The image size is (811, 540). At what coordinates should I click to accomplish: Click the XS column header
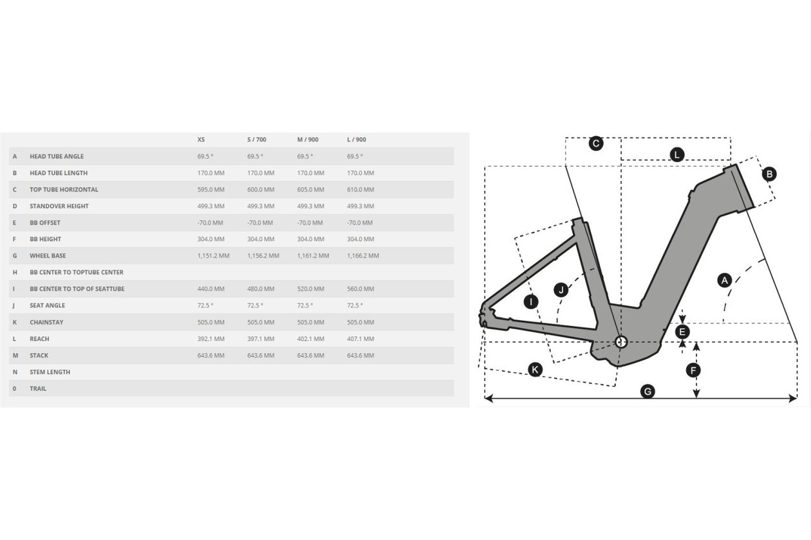click(x=201, y=139)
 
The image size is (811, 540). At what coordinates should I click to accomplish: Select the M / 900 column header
click(x=308, y=139)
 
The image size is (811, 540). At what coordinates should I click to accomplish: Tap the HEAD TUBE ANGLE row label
click(x=57, y=156)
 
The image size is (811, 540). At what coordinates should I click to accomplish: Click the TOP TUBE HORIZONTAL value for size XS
click(x=210, y=190)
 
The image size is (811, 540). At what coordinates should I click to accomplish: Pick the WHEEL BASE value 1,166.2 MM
click(x=363, y=256)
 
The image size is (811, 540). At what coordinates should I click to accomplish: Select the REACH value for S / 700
click(x=261, y=339)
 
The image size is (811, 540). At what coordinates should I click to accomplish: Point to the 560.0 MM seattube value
click(x=360, y=289)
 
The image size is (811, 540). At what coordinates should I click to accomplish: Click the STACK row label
click(x=39, y=355)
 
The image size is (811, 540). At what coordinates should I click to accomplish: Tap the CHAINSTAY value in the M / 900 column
click(x=311, y=322)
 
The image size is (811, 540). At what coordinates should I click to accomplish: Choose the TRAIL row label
click(x=38, y=389)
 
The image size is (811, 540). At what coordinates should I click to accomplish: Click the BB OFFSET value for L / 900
click(x=360, y=223)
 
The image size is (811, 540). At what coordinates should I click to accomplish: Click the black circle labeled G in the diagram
click(x=648, y=392)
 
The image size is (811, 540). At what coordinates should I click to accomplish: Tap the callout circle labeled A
click(x=725, y=280)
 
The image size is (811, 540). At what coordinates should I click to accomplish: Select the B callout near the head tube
click(x=769, y=174)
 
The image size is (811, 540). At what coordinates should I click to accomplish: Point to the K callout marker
click(x=535, y=370)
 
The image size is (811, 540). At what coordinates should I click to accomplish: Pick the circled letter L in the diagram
click(x=676, y=155)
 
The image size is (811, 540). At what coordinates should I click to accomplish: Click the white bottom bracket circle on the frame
click(x=621, y=341)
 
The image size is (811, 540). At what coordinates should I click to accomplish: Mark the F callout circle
click(x=693, y=370)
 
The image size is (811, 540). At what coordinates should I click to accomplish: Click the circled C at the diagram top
click(x=596, y=143)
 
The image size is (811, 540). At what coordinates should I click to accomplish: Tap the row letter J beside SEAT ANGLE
click(x=14, y=305)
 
